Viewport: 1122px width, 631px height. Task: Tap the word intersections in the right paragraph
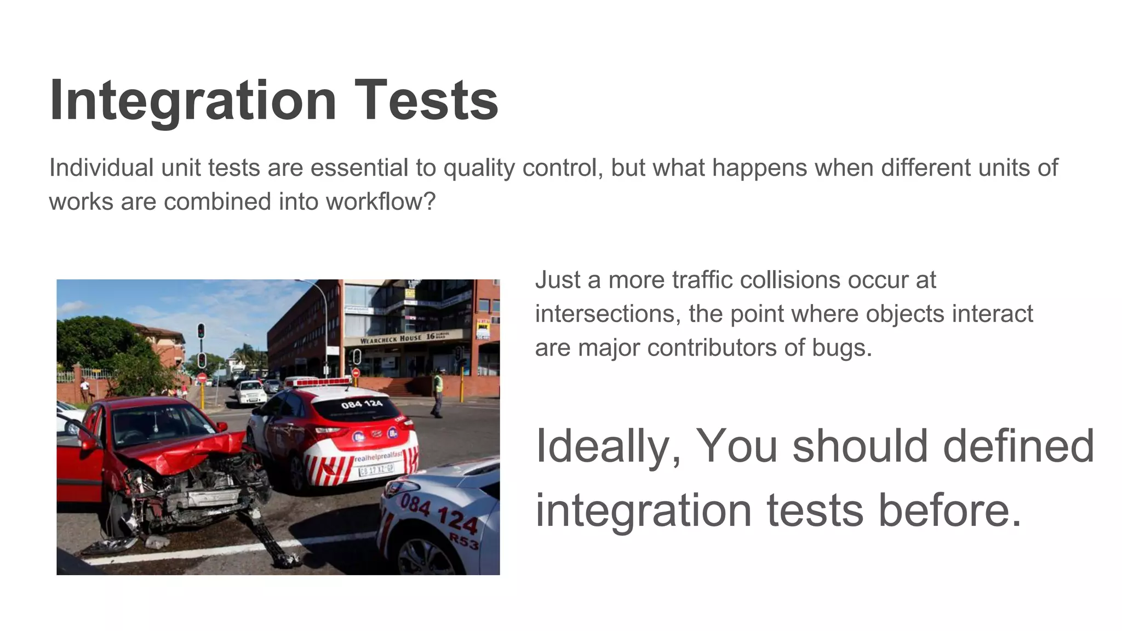(x=608, y=314)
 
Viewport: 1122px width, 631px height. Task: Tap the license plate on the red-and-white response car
(x=376, y=469)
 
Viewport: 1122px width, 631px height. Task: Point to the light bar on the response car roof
(x=318, y=381)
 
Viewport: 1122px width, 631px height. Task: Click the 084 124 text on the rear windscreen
(x=362, y=404)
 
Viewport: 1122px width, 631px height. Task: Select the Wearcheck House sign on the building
(x=391, y=340)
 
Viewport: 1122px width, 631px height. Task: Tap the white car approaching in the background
(x=250, y=392)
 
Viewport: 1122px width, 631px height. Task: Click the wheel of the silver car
(x=427, y=559)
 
